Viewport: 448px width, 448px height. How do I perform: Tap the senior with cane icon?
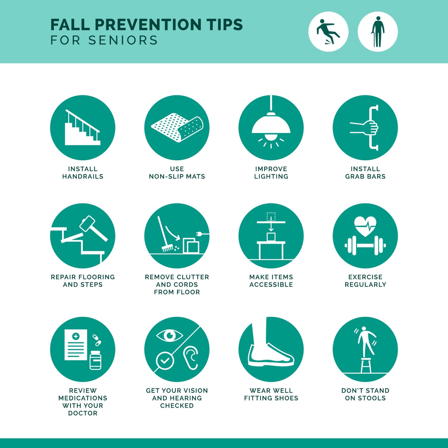(378, 32)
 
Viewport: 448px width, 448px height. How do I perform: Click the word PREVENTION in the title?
(148, 25)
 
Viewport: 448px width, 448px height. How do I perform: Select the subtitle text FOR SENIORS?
(104, 40)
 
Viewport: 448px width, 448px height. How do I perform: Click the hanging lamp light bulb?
(271, 137)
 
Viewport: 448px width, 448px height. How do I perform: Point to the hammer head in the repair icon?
(87, 223)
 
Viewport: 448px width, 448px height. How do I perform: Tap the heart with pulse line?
(365, 226)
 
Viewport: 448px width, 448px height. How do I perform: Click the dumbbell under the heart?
(365, 246)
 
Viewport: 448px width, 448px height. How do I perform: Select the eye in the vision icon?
(169, 335)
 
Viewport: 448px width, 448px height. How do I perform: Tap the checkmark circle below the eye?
(165, 361)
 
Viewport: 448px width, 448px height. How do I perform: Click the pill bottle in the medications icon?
(95, 360)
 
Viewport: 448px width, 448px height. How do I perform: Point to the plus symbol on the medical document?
(76, 336)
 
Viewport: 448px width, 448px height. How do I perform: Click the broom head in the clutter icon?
(168, 248)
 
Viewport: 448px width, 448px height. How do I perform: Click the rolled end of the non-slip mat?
(190, 129)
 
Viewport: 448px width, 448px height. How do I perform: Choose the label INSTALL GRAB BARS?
(365, 172)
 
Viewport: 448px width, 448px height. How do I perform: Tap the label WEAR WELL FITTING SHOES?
(271, 394)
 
